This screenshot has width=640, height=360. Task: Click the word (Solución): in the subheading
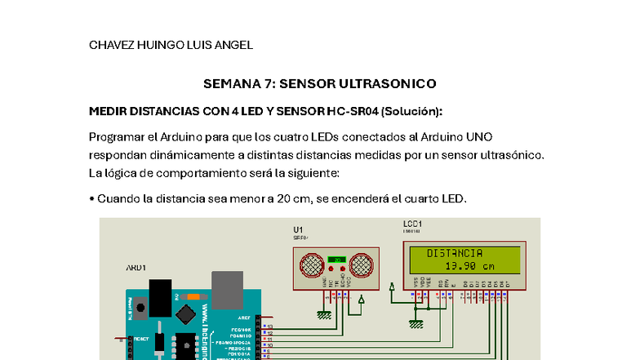(x=411, y=111)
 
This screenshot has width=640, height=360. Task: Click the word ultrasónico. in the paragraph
(x=509, y=154)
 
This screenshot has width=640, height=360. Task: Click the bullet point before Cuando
(x=91, y=199)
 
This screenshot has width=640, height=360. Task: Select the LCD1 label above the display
(x=412, y=223)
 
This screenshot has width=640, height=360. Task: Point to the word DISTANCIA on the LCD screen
(x=455, y=253)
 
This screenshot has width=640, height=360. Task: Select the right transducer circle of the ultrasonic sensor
(x=362, y=264)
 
